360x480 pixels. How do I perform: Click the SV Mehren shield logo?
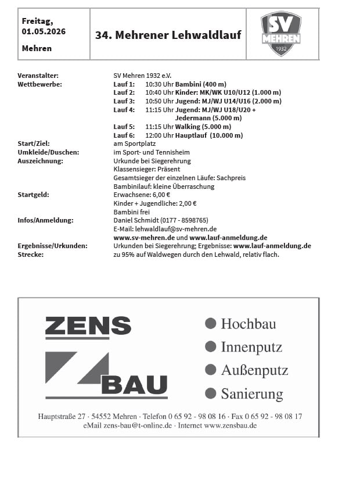281,34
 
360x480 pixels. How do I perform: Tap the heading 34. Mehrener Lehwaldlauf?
168,35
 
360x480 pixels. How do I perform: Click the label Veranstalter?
38,76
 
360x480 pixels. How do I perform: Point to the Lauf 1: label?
124,84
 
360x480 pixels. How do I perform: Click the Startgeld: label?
34,195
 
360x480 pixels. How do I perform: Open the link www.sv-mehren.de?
144,238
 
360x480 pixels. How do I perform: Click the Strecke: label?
31,255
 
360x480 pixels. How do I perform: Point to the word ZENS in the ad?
88,327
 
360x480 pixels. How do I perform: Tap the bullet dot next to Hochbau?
211,323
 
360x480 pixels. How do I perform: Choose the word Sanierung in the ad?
251,394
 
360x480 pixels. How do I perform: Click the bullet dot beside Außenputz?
211,370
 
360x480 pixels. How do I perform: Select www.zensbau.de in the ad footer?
230,425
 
